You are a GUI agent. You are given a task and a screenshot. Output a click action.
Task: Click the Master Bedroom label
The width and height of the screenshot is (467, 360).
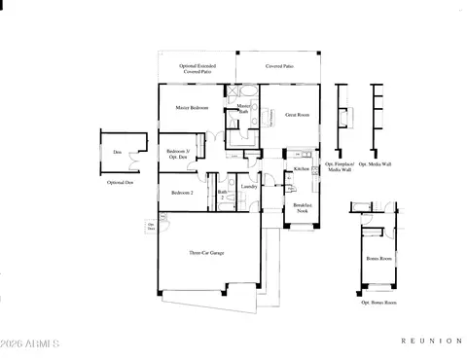click(x=192, y=107)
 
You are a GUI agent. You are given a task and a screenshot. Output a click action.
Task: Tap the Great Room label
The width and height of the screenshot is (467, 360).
click(x=297, y=115)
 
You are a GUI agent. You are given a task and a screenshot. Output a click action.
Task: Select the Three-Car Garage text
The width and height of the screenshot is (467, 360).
click(x=207, y=253)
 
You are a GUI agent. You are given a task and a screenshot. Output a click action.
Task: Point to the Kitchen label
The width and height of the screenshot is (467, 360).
click(x=301, y=170)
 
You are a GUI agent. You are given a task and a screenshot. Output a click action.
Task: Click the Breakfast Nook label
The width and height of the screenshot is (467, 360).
click(x=303, y=208)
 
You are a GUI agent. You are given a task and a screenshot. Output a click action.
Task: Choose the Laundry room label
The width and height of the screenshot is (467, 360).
click(x=248, y=188)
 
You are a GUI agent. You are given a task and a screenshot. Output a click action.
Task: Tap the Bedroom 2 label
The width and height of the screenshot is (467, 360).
click(x=182, y=193)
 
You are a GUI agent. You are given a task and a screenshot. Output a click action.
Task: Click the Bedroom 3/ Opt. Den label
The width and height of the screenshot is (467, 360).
click(x=177, y=154)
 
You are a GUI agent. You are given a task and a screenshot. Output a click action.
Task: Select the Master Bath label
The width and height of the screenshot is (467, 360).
click(x=244, y=108)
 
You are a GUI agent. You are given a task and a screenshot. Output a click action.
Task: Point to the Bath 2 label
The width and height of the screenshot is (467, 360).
click(x=222, y=194)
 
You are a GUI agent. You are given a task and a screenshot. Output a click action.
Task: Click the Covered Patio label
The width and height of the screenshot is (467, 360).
click(x=281, y=67)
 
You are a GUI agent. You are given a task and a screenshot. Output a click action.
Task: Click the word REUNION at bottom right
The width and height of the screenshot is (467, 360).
click(x=431, y=342)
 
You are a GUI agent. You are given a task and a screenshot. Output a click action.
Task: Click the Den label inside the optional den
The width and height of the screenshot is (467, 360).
click(x=117, y=152)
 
